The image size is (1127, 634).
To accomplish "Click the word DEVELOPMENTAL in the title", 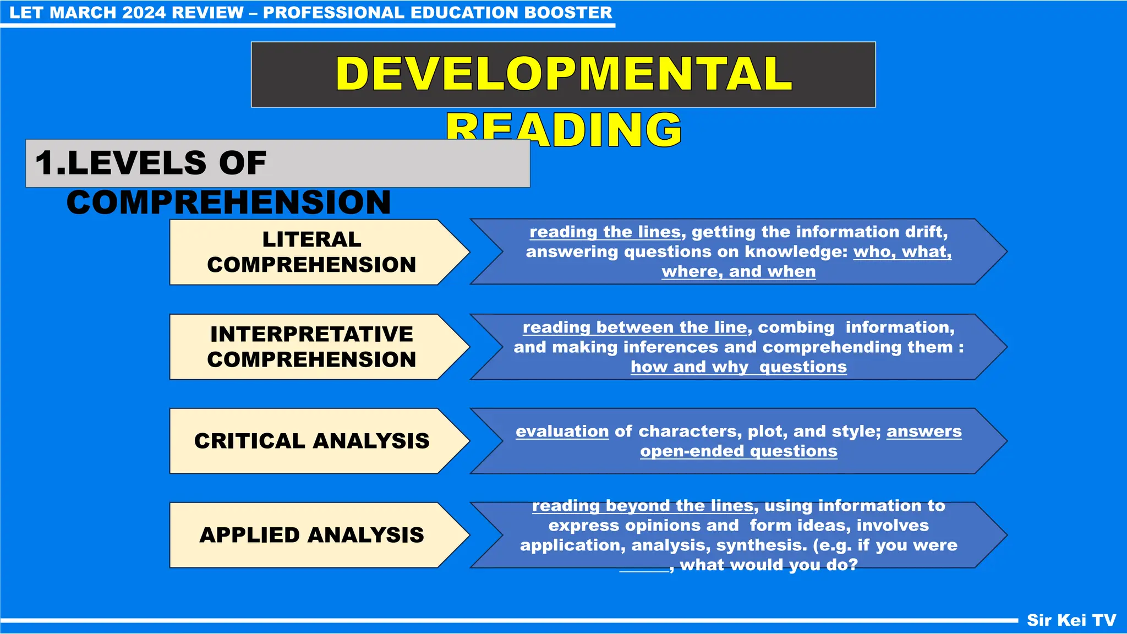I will tap(563, 74).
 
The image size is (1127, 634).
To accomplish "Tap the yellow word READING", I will tap(563, 130).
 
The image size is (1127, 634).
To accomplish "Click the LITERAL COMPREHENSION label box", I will tap(311, 252).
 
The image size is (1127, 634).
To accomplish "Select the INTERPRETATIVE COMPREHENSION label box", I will tap(311, 347).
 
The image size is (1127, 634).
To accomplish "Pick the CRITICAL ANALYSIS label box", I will tap(311, 441).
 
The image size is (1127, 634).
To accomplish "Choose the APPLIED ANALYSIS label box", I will tap(311, 535).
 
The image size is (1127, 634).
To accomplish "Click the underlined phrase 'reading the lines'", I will tap(605, 232).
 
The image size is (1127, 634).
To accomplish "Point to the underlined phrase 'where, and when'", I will tap(738, 272).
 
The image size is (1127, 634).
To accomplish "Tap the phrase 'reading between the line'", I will tap(634, 327).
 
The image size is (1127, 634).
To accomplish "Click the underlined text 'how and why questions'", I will tap(738, 367).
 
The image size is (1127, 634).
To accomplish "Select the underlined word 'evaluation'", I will tap(562, 431).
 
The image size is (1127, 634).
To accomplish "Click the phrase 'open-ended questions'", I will tap(738, 451).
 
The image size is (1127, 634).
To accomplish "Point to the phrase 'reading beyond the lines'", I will tap(642, 506).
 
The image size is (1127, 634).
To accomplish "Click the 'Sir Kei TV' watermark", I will tap(1071, 620).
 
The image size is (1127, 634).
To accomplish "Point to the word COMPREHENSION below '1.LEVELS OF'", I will tap(228, 202).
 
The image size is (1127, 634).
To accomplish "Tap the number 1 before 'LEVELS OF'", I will tap(45, 163).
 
